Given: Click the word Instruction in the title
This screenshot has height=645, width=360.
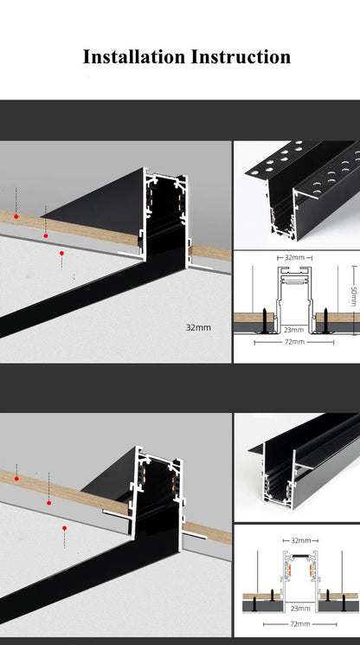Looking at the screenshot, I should click(240, 57).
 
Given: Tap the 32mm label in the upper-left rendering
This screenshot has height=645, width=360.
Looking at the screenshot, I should click(198, 328).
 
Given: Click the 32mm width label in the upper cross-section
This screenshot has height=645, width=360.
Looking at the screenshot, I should click(295, 258).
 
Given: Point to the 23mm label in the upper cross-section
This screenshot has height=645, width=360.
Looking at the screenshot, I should click(294, 329).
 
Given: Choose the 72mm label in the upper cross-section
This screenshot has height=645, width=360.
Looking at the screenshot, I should click(295, 342).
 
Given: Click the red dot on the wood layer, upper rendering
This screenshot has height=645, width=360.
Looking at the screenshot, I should click(16, 216).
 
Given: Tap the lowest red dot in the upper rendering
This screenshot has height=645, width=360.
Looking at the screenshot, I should click(61, 254).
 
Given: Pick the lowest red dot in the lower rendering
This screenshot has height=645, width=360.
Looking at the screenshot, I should click(63, 526).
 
